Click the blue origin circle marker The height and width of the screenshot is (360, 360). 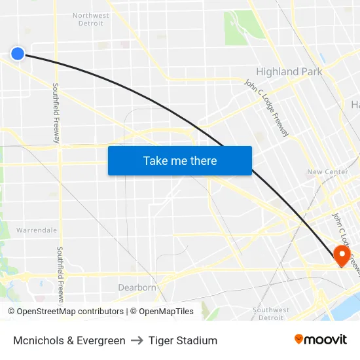click(x=18, y=54)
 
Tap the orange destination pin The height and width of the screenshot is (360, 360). click(x=341, y=255)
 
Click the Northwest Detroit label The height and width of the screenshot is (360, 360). click(x=91, y=19)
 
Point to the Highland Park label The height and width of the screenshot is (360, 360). click(x=289, y=71)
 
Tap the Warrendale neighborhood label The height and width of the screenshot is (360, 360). click(x=37, y=230)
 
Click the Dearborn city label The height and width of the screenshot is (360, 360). click(x=137, y=287)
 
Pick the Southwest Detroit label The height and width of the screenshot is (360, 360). click(x=270, y=314)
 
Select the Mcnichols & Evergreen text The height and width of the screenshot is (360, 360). click(x=69, y=340)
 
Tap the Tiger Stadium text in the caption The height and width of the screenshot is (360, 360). click(x=183, y=340)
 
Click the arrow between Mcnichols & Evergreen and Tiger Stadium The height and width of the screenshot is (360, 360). click(x=137, y=340)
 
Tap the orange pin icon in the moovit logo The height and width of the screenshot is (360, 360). click(x=299, y=339)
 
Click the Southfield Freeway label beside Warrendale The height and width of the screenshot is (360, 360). click(x=60, y=275)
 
